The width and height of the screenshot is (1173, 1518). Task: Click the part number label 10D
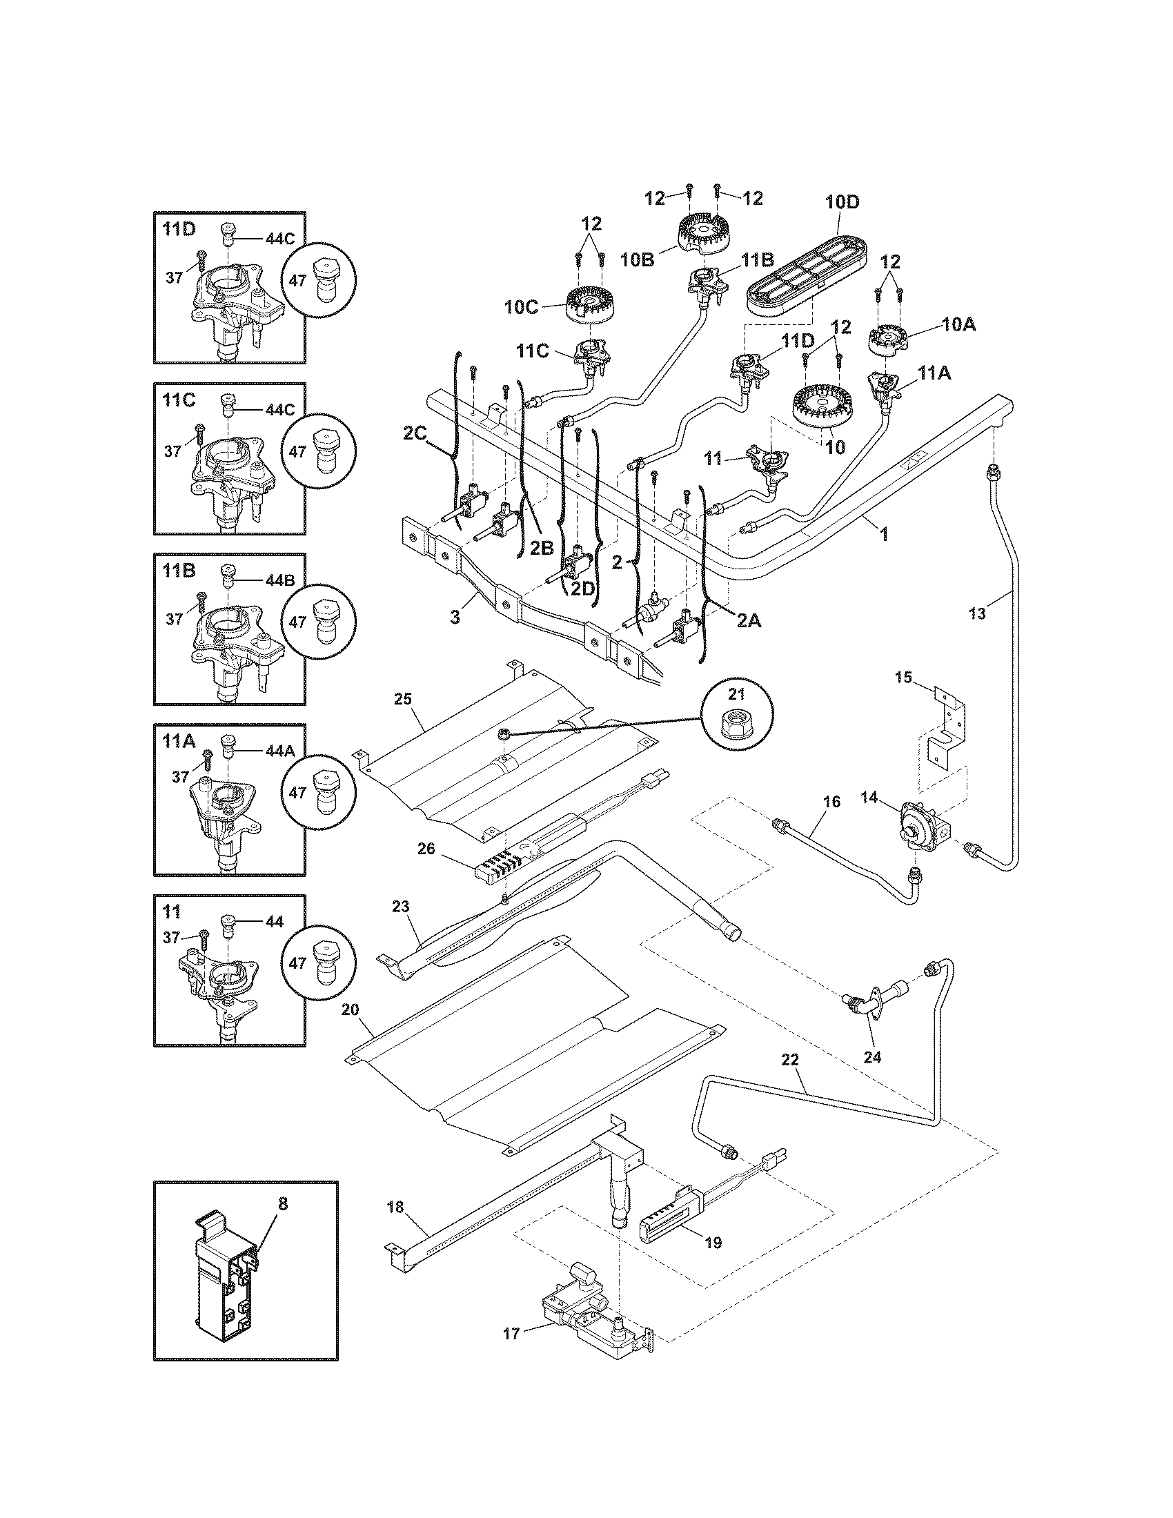(842, 202)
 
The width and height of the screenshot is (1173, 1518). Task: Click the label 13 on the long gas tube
(976, 613)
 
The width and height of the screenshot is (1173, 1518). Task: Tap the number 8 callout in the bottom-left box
(282, 1204)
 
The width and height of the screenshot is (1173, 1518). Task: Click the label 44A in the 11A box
(279, 751)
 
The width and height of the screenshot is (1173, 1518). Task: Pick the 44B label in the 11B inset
(279, 580)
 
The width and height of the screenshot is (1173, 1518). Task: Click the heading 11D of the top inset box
(179, 229)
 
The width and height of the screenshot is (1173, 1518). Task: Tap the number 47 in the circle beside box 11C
(297, 451)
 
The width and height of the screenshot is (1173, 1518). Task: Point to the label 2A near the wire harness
(748, 622)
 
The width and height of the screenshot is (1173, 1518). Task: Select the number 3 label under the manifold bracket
(455, 618)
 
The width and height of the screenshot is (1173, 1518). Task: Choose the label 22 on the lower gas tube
(790, 1061)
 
